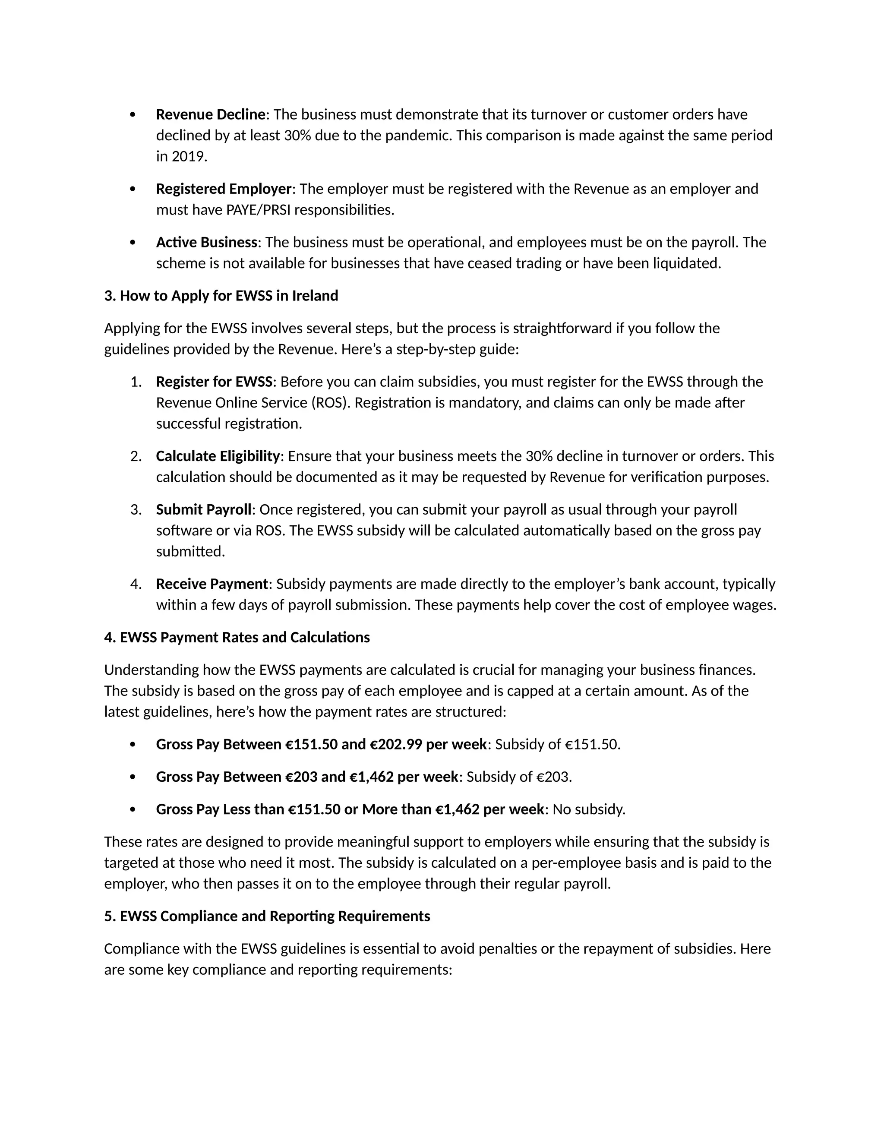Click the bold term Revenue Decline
211,114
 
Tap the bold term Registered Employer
223,189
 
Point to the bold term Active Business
206,242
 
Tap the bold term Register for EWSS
214,381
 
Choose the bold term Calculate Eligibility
218,456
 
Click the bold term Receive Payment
212,584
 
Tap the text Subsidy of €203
519,777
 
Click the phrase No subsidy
589,809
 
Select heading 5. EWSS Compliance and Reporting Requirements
267,916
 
